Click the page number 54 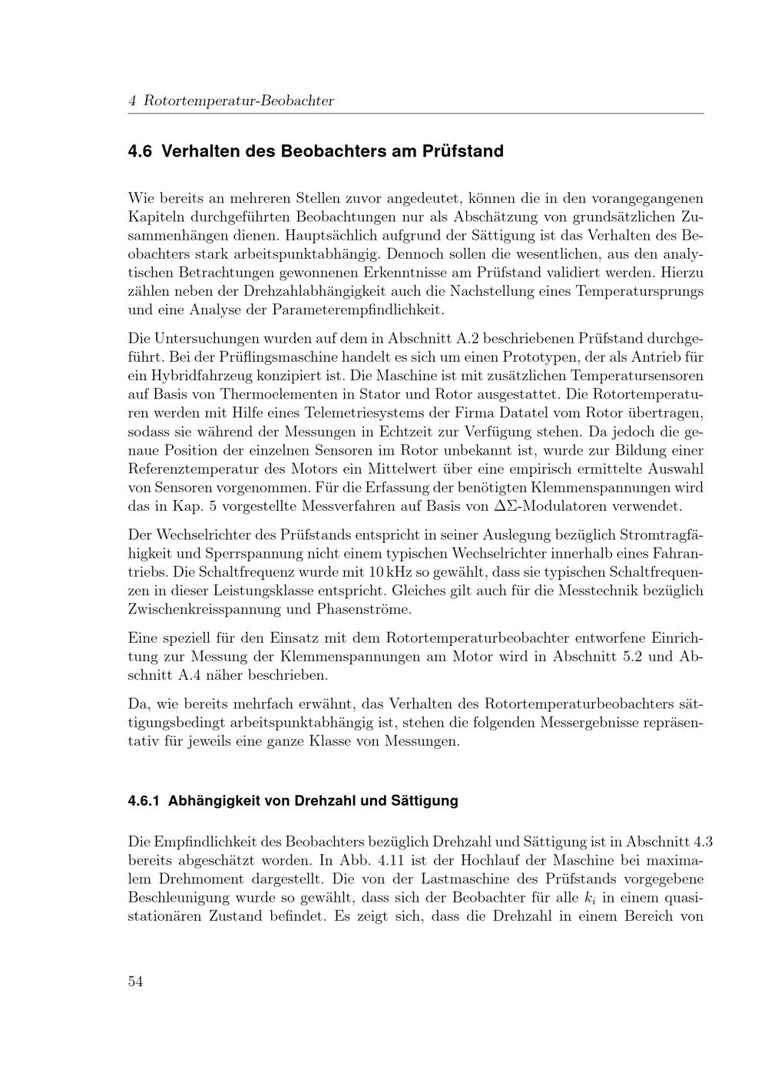click(135, 981)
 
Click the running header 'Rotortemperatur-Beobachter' click(239, 101)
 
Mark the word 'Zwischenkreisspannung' click(201, 609)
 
